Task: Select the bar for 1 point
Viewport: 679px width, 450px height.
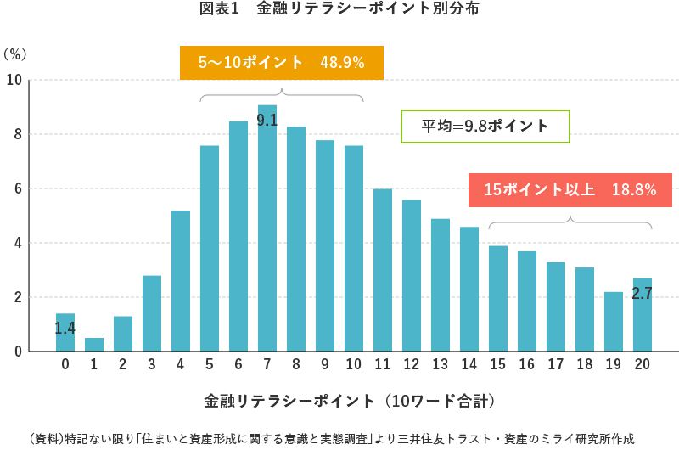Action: [94, 345]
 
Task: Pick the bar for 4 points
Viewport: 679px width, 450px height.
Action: [181, 281]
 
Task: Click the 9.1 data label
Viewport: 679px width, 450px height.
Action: [267, 121]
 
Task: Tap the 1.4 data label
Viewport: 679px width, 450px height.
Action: [65, 328]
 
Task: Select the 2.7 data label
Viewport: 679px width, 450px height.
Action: [642, 294]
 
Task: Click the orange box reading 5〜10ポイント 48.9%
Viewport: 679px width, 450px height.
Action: [282, 63]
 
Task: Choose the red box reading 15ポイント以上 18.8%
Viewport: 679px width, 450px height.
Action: [570, 190]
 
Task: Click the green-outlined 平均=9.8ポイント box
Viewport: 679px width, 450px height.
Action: [485, 127]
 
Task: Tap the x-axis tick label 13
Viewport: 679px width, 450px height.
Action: [441, 364]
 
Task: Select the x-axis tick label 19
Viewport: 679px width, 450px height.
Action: [614, 364]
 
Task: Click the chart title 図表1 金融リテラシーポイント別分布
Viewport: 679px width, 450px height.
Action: [339, 10]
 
